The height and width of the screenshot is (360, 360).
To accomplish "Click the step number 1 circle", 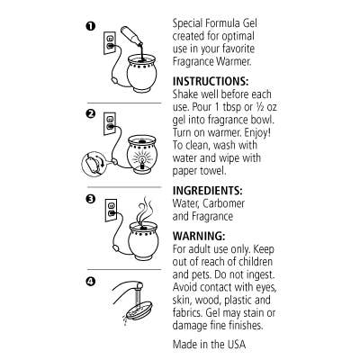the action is pos(91,26).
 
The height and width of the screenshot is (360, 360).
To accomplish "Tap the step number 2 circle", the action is pos(91,113).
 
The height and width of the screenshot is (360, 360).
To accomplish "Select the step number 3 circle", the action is pos(91,199).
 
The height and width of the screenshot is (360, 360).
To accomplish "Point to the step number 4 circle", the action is pos(91,282).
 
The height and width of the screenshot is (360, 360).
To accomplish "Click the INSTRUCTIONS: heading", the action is pos(211,81).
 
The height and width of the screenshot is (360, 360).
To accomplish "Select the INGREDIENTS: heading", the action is pos(207,191).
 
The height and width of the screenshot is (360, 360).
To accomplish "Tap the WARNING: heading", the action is pos(199,236).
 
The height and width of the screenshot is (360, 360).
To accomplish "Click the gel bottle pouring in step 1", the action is pos(132,36).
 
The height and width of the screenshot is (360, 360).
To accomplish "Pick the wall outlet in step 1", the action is pos(110,42).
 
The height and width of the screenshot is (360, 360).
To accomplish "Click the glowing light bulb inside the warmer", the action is pos(140,159).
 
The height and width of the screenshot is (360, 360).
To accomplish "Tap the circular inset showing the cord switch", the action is pos(94,165).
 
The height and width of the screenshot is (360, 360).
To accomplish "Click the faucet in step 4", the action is pos(129,287).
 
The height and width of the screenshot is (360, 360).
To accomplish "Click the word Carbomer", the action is pos(223,203).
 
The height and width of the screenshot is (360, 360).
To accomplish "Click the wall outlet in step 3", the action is pos(111,211).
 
